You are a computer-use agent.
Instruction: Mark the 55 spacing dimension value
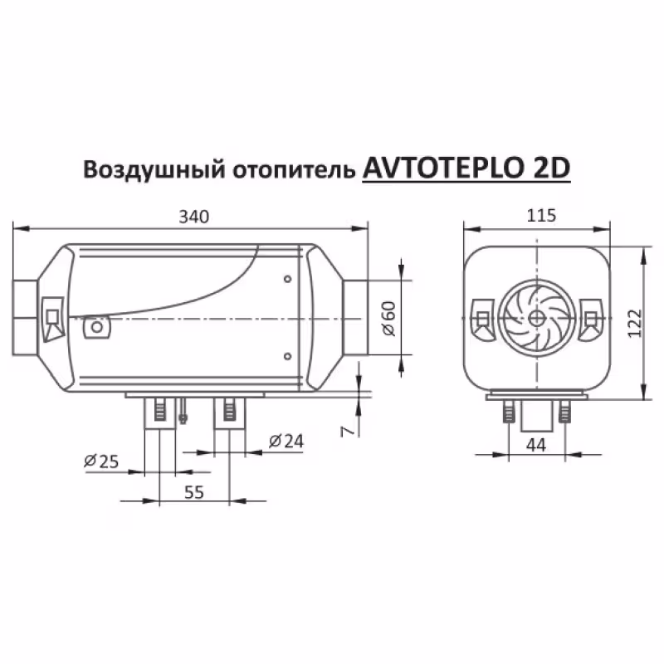193,492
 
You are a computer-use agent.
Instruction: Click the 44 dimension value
536,446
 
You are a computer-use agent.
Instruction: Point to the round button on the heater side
97,328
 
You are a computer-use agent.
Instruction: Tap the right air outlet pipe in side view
358,319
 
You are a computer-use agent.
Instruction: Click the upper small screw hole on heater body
286,279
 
